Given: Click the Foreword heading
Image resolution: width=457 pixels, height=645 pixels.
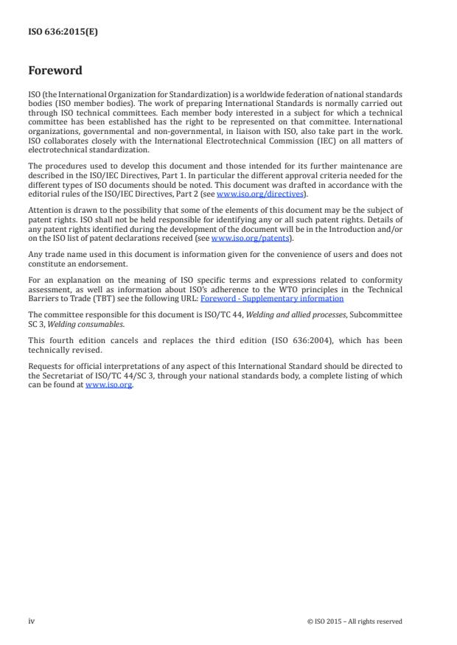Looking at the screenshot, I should coord(55,71).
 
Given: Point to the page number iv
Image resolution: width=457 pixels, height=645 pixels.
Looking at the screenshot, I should coord(32,621).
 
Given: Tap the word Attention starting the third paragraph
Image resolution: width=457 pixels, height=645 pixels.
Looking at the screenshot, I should coord(43,210).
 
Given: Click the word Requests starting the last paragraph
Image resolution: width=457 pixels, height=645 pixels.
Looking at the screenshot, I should coord(45,366).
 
